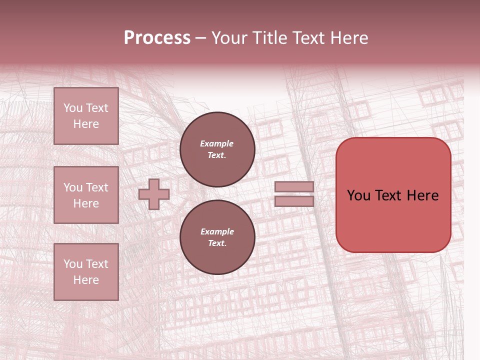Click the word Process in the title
click(x=157, y=38)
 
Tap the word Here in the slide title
click(x=348, y=38)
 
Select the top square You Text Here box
click(x=86, y=116)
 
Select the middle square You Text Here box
click(x=86, y=195)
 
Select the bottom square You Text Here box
click(x=86, y=272)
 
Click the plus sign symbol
click(x=154, y=194)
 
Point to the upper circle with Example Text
click(x=217, y=149)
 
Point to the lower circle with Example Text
click(x=217, y=237)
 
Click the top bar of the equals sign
click(x=294, y=186)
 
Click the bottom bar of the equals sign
click(x=294, y=201)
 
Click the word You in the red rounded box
click(x=358, y=195)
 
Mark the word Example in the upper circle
click(x=217, y=143)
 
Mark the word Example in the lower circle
click(x=217, y=231)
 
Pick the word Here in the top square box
click(x=86, y=124)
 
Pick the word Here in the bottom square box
click(x=86, y=280)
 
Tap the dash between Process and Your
click(x=201, y=38)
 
